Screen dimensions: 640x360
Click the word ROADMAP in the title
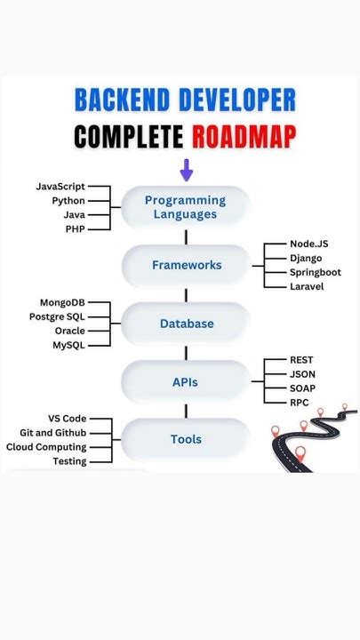click(x=243, y=136)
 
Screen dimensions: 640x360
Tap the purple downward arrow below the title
click(x=186, y=169)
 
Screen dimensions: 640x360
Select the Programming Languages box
click(x=186, y=207)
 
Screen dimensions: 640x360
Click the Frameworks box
click(x=186, y=265)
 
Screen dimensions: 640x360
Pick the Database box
click(x=186, y=324)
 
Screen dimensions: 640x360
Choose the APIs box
click(x=186, y=382)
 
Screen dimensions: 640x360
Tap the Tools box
click(x=186, y=439)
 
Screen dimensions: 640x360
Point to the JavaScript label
click(x=60, y=187)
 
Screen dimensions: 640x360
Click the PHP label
click(x=75, y=229)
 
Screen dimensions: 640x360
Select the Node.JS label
click(x=309, y=244)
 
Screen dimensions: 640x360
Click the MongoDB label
click(x=62, y=303)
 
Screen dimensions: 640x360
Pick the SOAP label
click(x=302, y=388)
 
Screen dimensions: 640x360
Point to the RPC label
click(x=300, y=403)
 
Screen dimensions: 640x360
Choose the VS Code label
click(x=67, y=419)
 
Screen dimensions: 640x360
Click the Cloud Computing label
click(x=46, y=447)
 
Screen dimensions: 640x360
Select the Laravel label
click(x=307, y=286)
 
